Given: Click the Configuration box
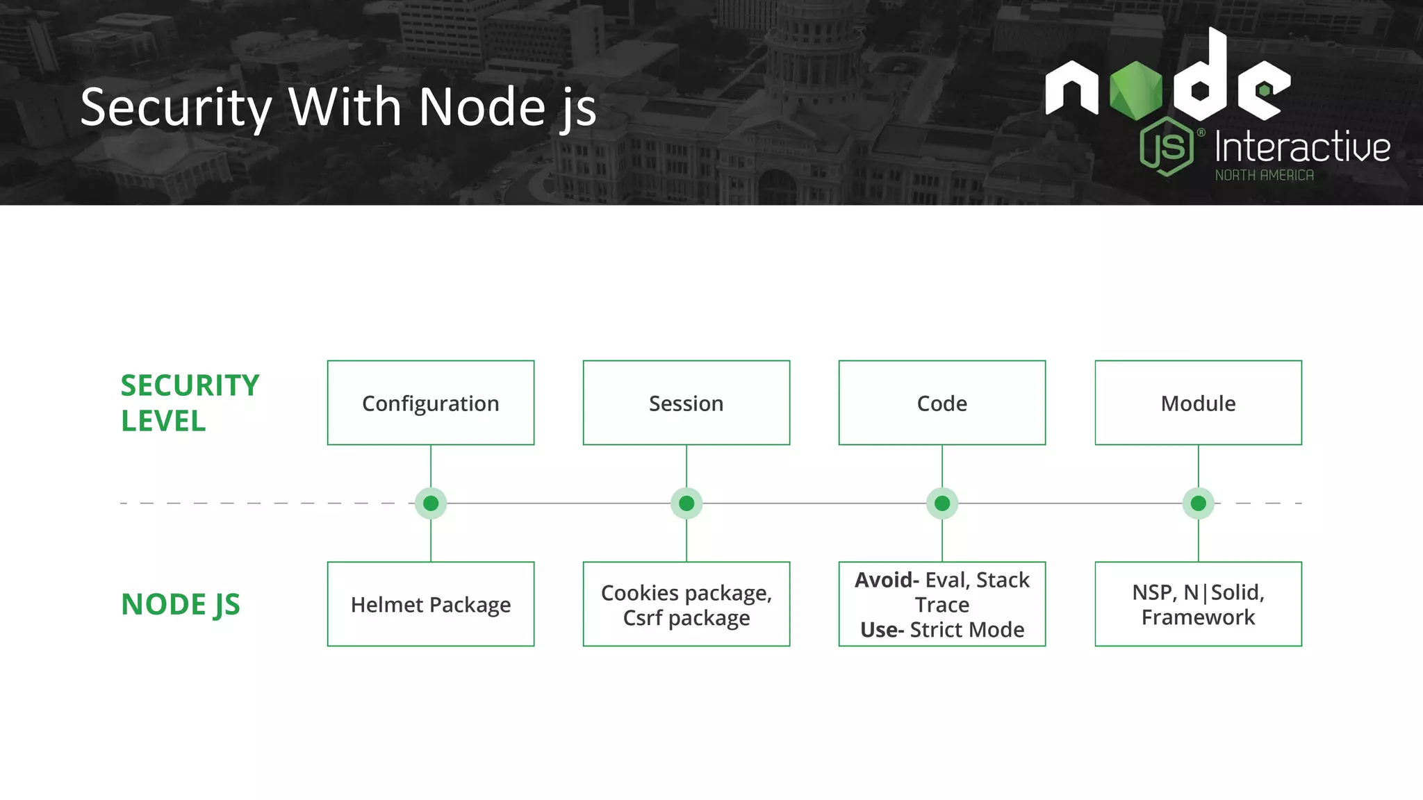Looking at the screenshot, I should [431, 403].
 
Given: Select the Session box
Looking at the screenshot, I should [686, 403].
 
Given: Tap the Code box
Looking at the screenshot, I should [942, 403].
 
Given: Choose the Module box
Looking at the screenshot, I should [1198, 403].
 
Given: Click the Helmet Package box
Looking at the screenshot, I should [431, 604].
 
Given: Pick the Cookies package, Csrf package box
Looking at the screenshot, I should [686, 604].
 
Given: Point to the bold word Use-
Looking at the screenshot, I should [882, 630].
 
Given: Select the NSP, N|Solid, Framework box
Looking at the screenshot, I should [1198, 604].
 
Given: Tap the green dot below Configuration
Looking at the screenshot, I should [431, 503].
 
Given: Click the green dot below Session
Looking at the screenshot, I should [686, 503].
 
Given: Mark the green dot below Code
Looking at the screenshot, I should [942, 503].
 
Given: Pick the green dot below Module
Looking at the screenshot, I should [1198, 503].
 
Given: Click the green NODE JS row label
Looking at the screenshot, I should [181, 604].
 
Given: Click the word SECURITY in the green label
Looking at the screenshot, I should [190, 385].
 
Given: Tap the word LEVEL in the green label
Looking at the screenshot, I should [163, 421].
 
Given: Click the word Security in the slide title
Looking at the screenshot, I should [176, 108].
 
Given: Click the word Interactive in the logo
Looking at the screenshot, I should [1302, 147].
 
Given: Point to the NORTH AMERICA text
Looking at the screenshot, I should [1264, 176].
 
